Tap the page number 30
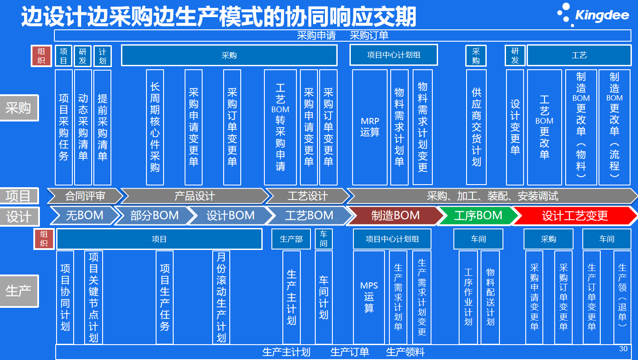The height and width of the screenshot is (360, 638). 623,349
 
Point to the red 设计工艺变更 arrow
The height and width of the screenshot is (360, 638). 574,215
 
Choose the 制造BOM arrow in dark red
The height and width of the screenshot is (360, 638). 395,215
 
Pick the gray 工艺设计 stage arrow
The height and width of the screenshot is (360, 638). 307,196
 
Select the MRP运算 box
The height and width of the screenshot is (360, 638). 370,127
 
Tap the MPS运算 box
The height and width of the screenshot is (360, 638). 369,297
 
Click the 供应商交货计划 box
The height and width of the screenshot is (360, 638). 476,127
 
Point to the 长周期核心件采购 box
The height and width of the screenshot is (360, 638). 155,127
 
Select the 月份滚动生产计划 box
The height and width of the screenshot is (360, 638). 221,297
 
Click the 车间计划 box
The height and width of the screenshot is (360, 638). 324,297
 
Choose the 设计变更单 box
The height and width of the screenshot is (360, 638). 515,127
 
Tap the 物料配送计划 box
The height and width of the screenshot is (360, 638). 490,297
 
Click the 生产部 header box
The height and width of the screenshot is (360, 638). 291,239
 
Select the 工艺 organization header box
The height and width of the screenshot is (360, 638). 579,55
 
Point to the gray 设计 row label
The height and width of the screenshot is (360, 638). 18,216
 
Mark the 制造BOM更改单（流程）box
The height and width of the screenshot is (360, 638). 614,127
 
